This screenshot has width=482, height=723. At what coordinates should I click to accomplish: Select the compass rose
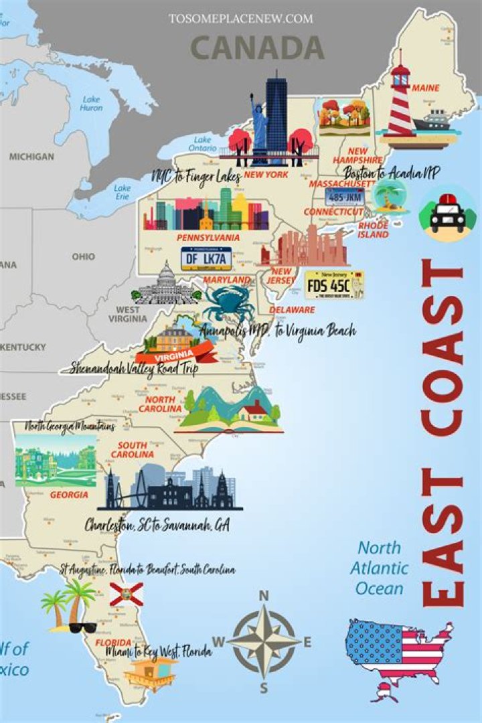point(264,641)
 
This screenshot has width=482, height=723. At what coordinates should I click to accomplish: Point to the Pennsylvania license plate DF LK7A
point(206,258)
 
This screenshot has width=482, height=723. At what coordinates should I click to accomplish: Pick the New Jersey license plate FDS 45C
point(333,285)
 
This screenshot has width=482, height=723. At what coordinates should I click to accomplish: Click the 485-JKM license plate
point(345,197)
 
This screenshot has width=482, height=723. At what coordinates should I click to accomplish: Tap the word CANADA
point(258,48)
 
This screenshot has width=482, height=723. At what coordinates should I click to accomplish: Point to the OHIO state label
point(84,256)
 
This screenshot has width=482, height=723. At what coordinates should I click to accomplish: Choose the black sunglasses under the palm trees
point(83,627)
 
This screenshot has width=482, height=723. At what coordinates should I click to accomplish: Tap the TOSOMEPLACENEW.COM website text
point(240,19)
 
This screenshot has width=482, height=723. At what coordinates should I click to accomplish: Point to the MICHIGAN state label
point(31,157)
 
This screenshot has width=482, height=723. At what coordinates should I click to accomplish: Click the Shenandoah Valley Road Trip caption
point(135,369)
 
